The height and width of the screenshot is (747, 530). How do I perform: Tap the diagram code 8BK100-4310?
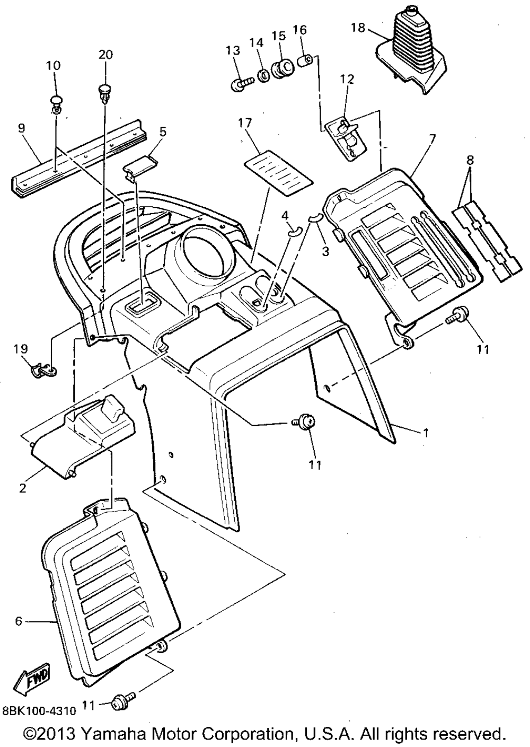pos(40,709)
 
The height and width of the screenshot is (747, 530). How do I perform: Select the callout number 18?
pos(358,28)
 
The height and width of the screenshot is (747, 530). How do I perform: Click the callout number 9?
pos(21,128)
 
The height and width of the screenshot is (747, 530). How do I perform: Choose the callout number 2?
pos(22,488)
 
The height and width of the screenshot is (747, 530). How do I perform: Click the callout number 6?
pos(19,621)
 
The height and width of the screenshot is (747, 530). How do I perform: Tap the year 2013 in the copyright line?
pos(54,734)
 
